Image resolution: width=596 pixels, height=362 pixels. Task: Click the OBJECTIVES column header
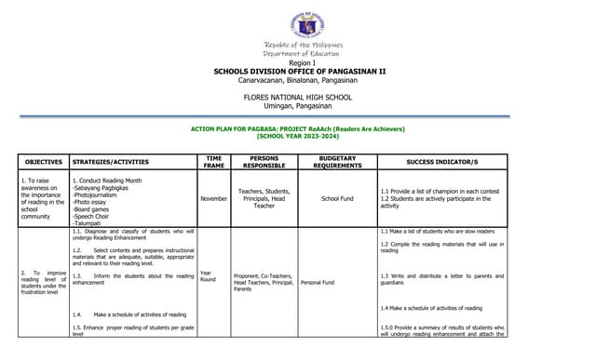tap(43, 162)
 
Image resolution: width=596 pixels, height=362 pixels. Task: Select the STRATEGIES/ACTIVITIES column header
tap(111, 162)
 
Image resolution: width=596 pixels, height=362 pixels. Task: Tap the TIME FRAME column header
tap(213, 162)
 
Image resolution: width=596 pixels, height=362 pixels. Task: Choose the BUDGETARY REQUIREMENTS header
tap(336, 162)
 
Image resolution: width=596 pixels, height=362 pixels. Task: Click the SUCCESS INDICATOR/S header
tap(442, 162)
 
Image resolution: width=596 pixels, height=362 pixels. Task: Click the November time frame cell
tap(214, 198)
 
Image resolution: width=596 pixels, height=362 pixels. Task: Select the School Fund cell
tap(337, 198)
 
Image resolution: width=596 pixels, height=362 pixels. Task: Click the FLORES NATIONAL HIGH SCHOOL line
tap(297, 97)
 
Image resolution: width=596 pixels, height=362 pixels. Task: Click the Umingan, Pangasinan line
tap(297, 106)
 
